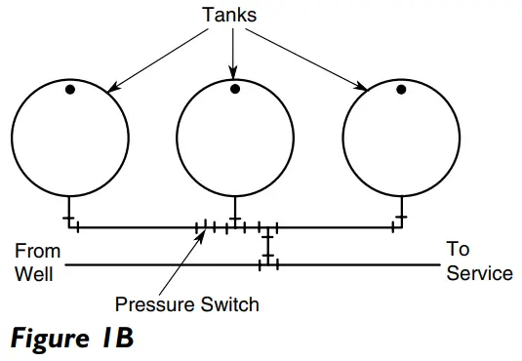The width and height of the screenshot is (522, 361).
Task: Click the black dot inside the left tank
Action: point(70,91)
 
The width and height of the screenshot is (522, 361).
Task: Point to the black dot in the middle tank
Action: point(235,91)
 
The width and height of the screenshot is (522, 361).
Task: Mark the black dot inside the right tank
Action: point(402,91)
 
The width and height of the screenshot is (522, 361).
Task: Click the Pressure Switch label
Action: point(187,304)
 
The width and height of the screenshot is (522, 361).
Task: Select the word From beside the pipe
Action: point(37,251)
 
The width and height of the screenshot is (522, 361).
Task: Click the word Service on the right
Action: point(479,273)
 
